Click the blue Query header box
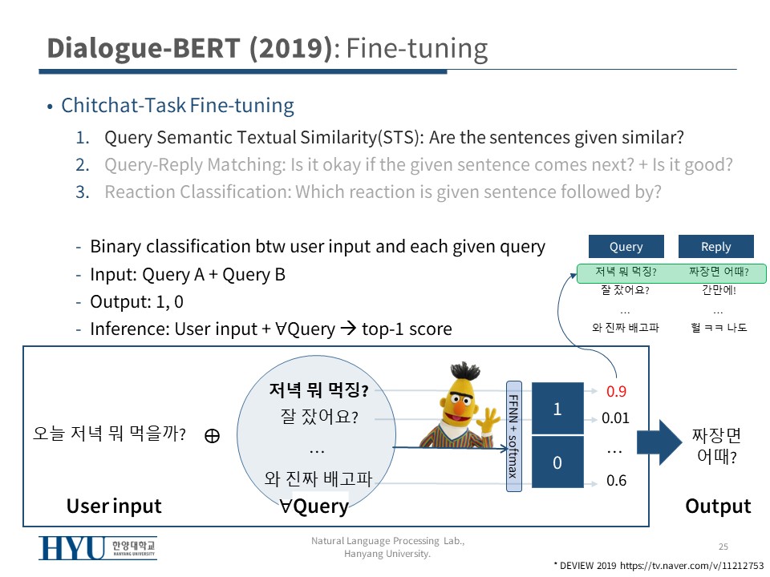(x=626, y=246)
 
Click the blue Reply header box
(x=716, y=246)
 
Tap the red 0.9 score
(x=616, y=391)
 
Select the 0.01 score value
(x=615, y=418)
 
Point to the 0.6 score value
(x=616, y=480)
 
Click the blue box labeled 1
(x=558, y=408)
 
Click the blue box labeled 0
(x=558, y=462)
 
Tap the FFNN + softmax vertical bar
(x=513, y=436)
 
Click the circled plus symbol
(x=212, y=435)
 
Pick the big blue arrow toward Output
(x=659, y=442)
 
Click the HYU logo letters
(x=72, y=547)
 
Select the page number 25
(x=723, y=547)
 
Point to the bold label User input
(x=114, y=506)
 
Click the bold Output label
(x=718, y=506)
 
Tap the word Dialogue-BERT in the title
(x=144, y=48)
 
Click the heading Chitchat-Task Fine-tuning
(x=178, y=106)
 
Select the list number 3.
(x=83, y=192)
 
